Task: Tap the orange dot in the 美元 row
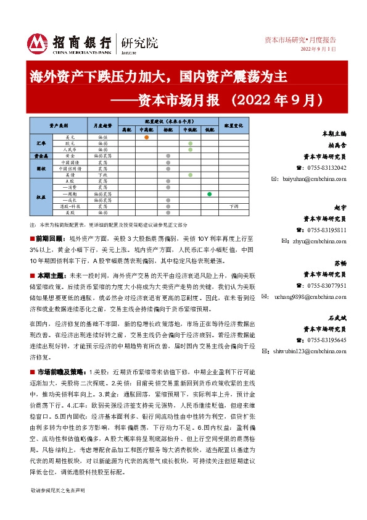coord(146,136)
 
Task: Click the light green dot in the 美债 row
coord(190,175)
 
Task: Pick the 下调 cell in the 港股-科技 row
coord(233,206)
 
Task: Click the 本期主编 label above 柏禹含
coord(335,133)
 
